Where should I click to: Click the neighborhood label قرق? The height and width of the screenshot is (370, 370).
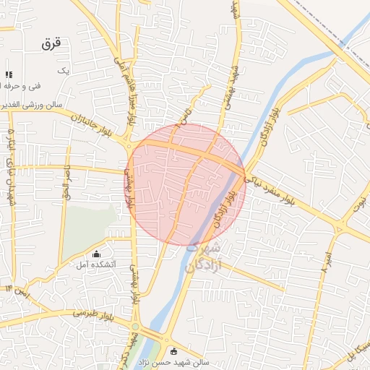(53, 43)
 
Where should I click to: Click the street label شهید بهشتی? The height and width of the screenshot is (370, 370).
(234, 58)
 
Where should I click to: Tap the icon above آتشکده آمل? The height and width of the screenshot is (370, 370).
(96, 253)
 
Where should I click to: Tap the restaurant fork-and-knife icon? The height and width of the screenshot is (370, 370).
(9, 74)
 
